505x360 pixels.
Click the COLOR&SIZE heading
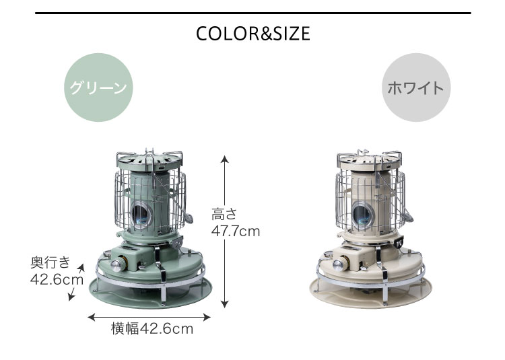click(x=252, y=34)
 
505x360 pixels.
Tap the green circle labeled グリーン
click(x=98, y=87)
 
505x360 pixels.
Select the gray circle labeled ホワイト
click(x=416, y=87)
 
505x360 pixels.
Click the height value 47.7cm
click(x=236, y=231)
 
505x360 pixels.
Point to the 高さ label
click(x=224, y=215)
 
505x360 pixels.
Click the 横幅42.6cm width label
click(x=152, y=329)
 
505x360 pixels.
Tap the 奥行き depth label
click(x=50, y=262)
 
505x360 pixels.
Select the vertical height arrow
click(x=225, y=231)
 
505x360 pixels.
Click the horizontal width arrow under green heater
click(x=149, y=318)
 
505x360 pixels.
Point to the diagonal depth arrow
click(x=76, y=283)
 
